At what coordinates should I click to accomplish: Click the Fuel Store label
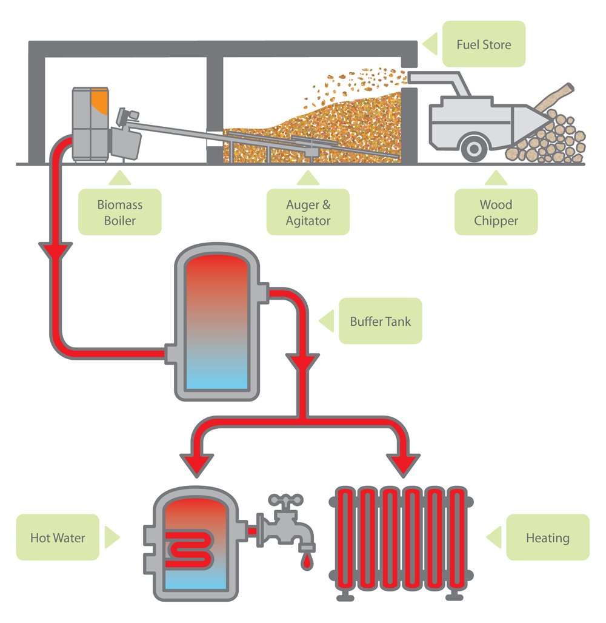(483, 44)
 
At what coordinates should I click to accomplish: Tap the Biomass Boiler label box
(119, 212)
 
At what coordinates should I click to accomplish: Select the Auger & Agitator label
(308, 212)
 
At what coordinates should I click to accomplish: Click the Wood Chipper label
(496, 212)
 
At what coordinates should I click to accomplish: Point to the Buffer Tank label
(380, 322)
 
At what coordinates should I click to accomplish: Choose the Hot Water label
(58, 537)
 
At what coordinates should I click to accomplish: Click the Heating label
(547, 537)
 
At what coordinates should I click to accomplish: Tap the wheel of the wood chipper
(473, 148)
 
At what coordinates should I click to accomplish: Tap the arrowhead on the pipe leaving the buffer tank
(305, 362)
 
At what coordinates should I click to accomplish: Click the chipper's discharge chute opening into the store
(418, 78)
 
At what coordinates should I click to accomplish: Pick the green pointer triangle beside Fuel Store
(429, 44)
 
